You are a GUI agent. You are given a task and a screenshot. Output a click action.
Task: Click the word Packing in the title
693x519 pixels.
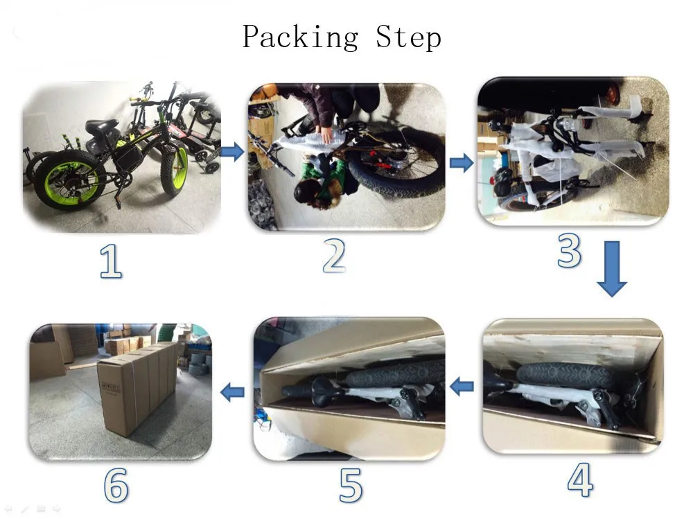click(300, 37)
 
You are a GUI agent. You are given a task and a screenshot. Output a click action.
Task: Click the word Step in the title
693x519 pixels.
click(408, 37)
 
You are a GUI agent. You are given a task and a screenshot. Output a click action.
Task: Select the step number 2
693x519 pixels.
click(334, 257)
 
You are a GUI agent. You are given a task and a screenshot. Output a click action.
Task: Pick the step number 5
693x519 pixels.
click(351, 486)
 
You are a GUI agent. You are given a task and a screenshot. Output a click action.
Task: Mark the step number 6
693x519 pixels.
click(116, 486)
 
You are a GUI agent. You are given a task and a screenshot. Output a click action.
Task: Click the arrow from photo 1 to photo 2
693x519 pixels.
click(233, 152)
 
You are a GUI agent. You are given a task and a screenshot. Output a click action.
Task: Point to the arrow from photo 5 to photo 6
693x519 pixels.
click(233, 393)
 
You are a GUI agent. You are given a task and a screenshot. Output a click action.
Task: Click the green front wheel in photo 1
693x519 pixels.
click(174, 170)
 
